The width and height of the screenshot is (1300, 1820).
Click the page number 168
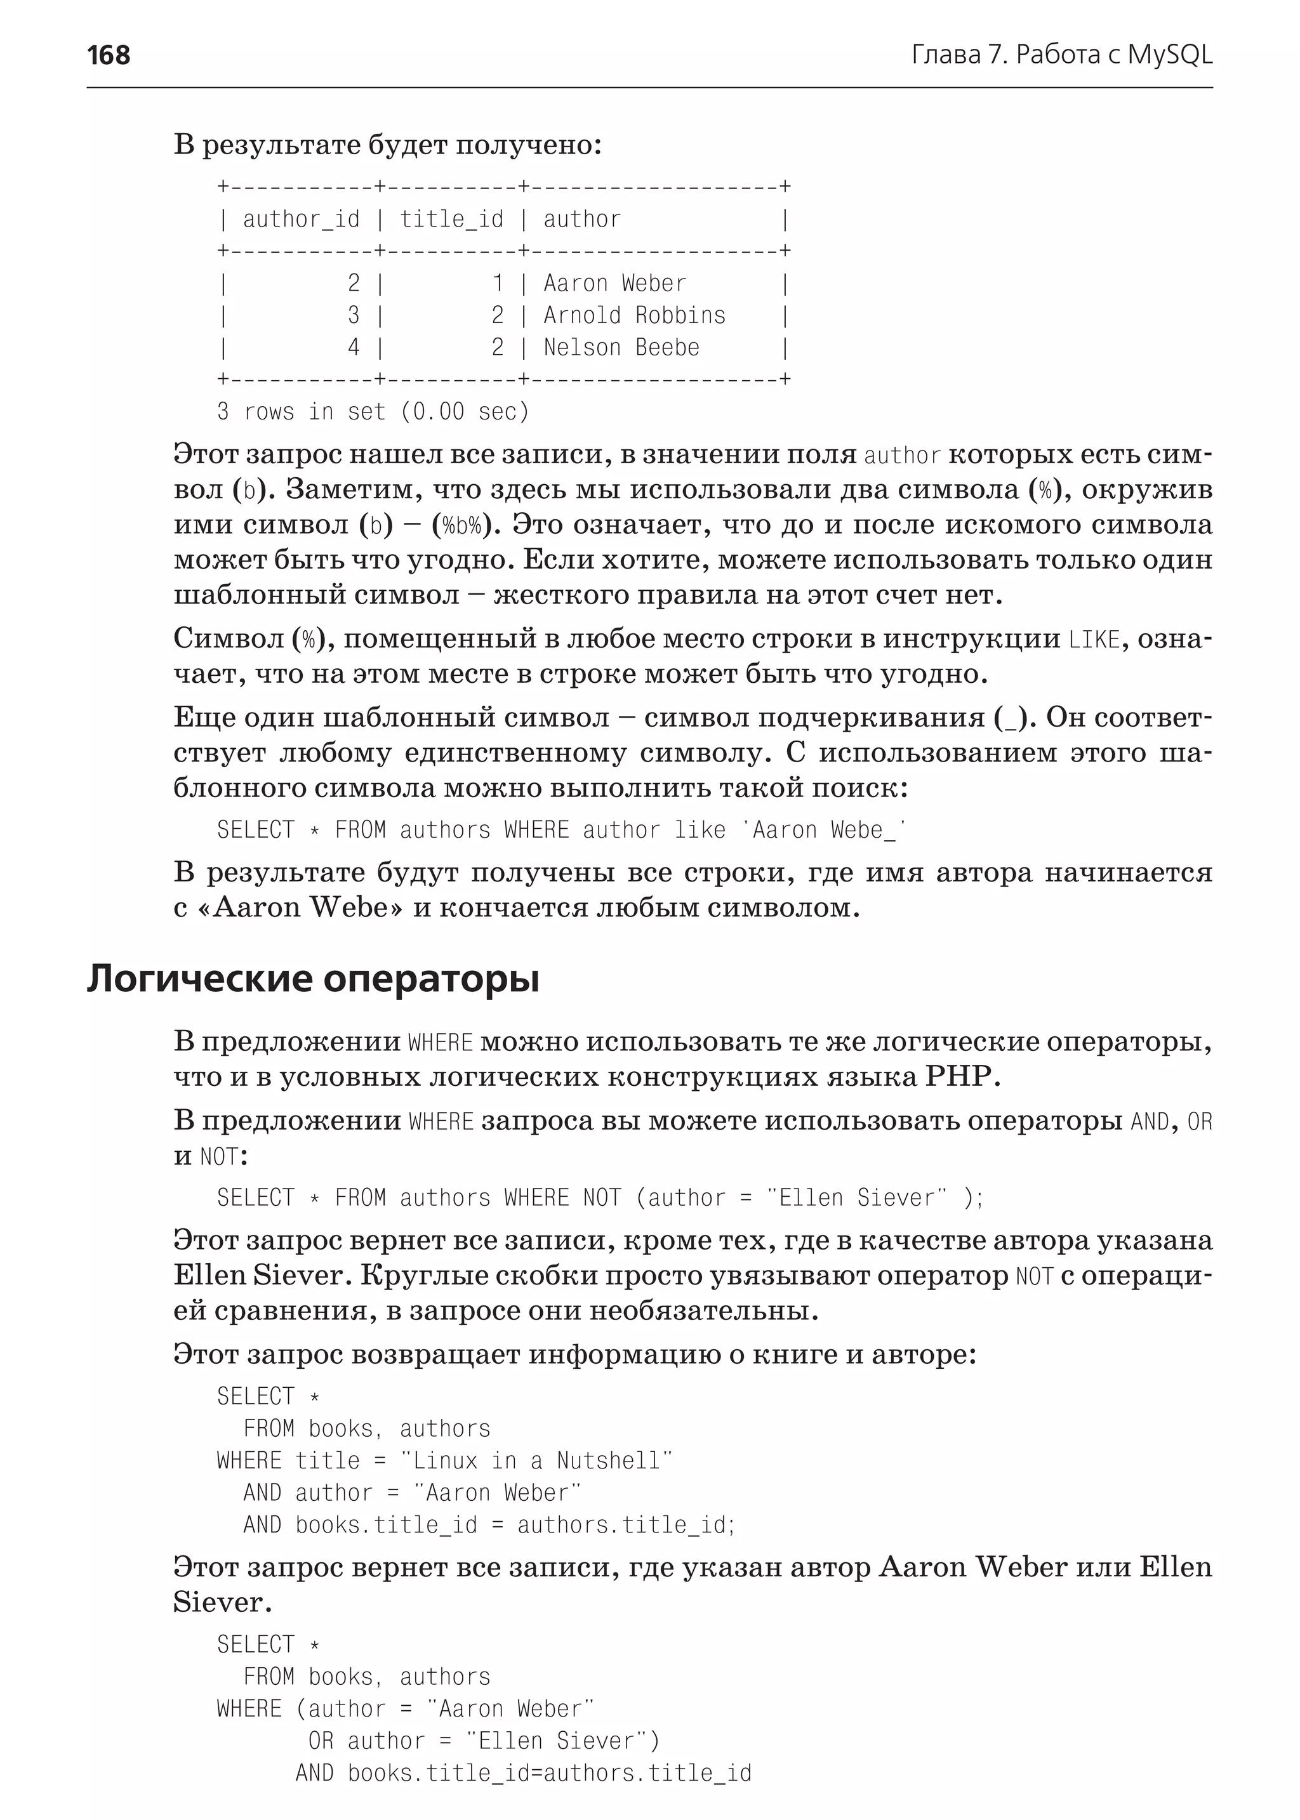[x=108, y=55]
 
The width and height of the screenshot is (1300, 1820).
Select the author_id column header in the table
[x=301, y=220]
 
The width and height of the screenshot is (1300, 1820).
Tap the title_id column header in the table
[x=451, y=220]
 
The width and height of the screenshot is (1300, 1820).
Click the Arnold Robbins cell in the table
[x=634, y=315]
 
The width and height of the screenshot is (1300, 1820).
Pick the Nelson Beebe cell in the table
[x=621, y=347]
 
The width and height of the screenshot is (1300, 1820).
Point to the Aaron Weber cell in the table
[x=615, y=283]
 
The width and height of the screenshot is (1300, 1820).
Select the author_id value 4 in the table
[x=354, y=347]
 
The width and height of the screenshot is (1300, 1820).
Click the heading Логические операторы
[x=313, y=978]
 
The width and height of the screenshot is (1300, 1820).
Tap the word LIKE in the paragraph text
[x=1094, y=640]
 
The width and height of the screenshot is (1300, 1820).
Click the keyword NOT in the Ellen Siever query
[x=602, y=1198]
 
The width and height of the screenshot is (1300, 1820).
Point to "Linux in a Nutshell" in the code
[x=536, y=1461]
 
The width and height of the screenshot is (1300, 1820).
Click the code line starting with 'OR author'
[x=484, y=1741]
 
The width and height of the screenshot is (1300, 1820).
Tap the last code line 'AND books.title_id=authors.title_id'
[x=524, y=1773]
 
